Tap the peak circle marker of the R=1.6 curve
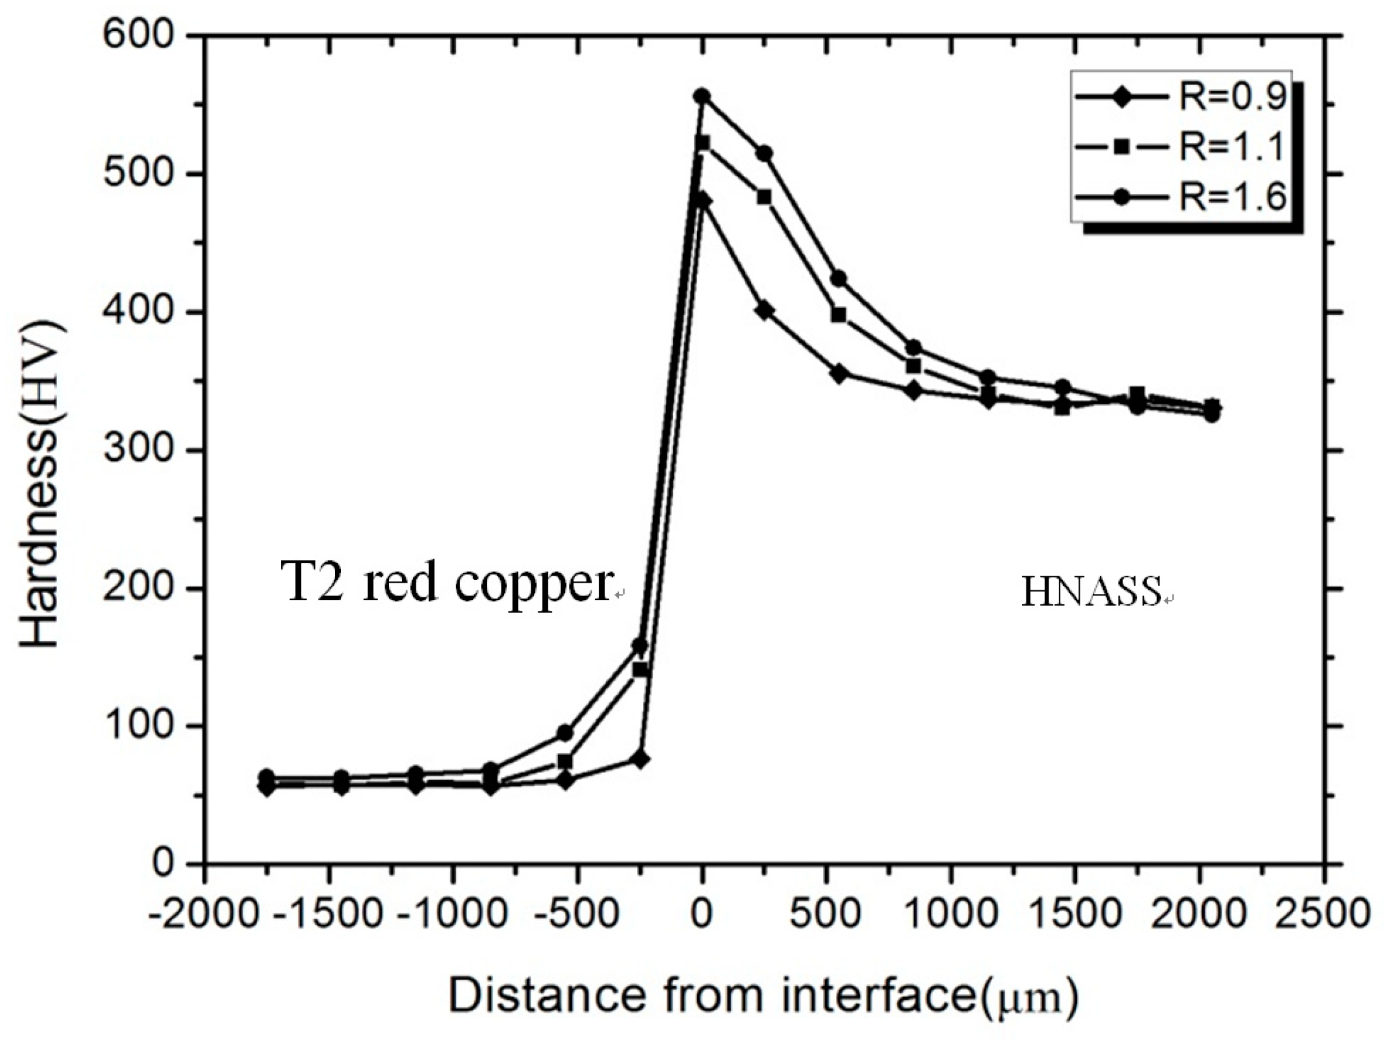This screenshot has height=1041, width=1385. click(702, 96)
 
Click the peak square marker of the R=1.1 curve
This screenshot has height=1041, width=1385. click(703, 142)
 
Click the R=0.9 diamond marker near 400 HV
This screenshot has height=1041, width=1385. click(764, 310)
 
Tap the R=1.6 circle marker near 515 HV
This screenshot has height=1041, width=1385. click(764, 154)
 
